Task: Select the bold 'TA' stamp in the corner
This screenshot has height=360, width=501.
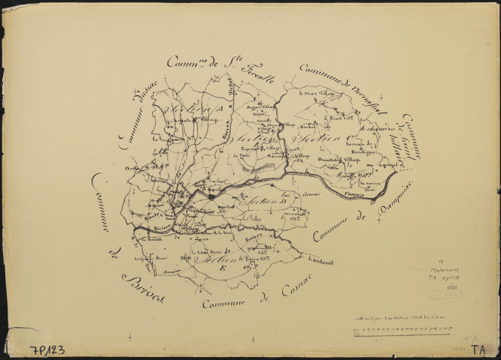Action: pos(480,348)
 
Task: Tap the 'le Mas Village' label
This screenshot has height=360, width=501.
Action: pos(315,94)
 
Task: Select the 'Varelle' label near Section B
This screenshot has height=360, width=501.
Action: pos(264,120)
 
